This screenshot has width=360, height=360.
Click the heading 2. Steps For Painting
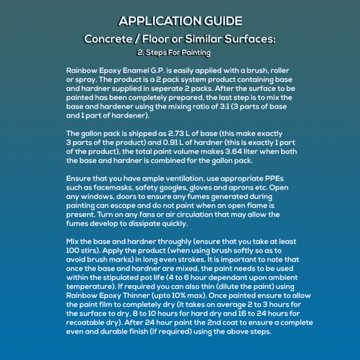click(173, 52)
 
